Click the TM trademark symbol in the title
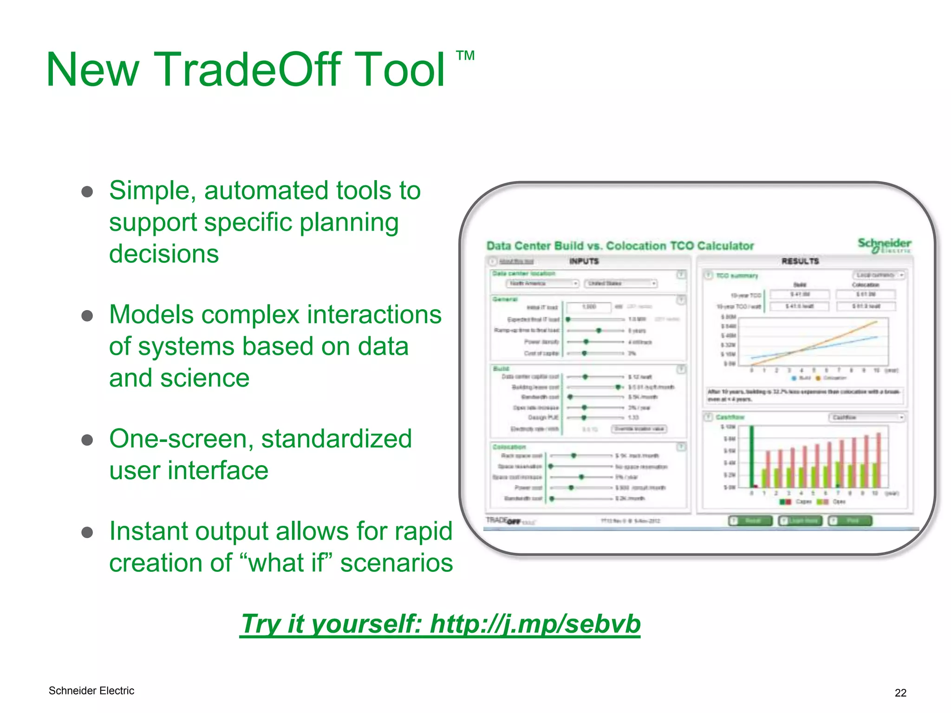pyautogui.click(x=465, y=56)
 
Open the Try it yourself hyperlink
pyautogui.click(x=440, y=623)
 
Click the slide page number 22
pyautogui.click(x=900, y=693)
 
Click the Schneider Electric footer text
pyautogui.click(x=91, y=691)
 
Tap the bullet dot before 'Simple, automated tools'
pyautogui.click(x=87, y=192)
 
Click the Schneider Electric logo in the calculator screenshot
pyautogui.click(x=884, y=245)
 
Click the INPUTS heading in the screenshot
pyautogui.click(x=584, y=261)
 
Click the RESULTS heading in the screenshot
pyautogui.click(x=800, y=261)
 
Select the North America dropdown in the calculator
pyautogui.click(x=542, y=283)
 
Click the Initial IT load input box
pyautogui.click(x=589, y=307)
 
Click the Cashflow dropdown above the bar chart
pyautogui.click(x=866, y=417)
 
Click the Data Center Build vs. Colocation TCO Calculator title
pyautogui.click(x=619, y=246)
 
